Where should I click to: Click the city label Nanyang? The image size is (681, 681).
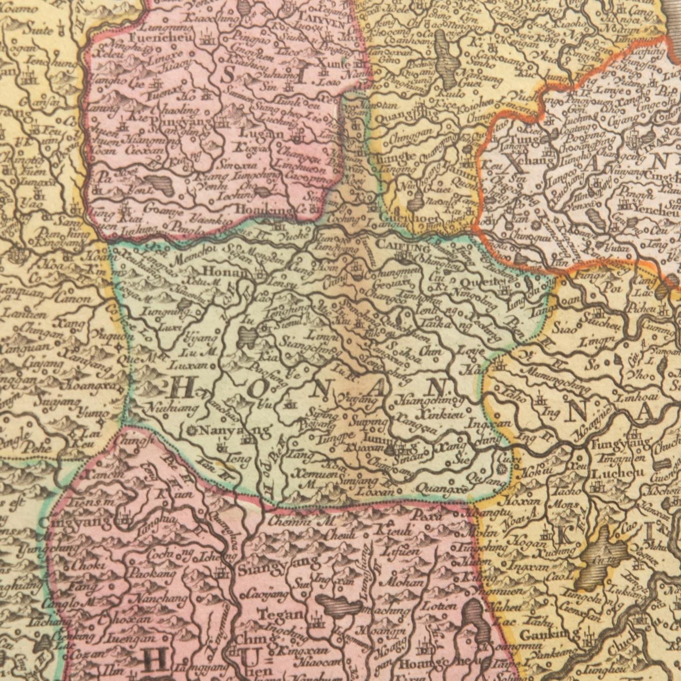coord(230,431)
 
